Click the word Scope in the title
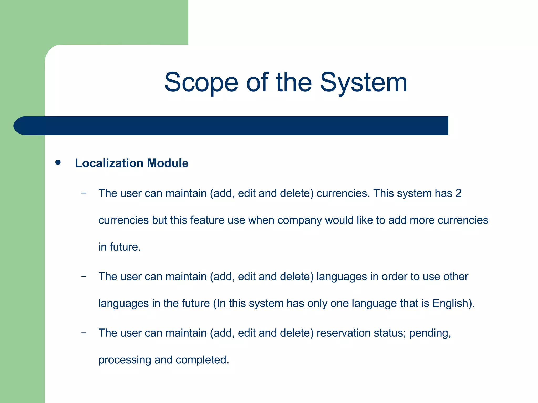[x=201, y=83]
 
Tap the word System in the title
[x=364, y=83]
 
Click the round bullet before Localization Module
[x=58, y=163]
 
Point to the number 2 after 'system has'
[x=458, y=193]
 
